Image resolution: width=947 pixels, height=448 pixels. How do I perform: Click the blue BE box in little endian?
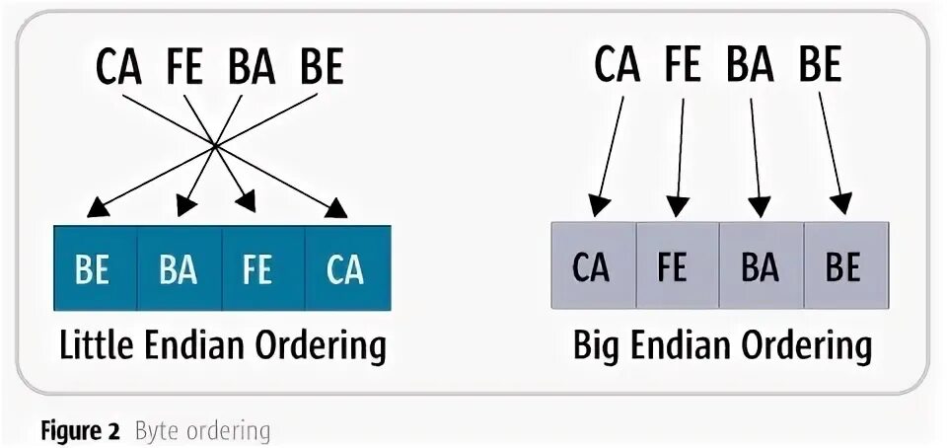coord(94,268)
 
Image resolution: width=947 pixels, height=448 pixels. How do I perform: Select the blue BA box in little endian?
coord(179,268)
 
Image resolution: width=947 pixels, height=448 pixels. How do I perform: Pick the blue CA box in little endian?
coord(347,268)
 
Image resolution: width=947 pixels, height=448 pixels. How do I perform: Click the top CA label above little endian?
coord(119,67)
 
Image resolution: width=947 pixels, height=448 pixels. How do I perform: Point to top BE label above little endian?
coord(322,67)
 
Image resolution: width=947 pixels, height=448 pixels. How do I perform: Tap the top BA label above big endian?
coord(751,64)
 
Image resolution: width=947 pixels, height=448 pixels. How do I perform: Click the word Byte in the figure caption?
coord(155,431)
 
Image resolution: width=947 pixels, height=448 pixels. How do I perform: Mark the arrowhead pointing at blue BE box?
coord(98,208)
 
